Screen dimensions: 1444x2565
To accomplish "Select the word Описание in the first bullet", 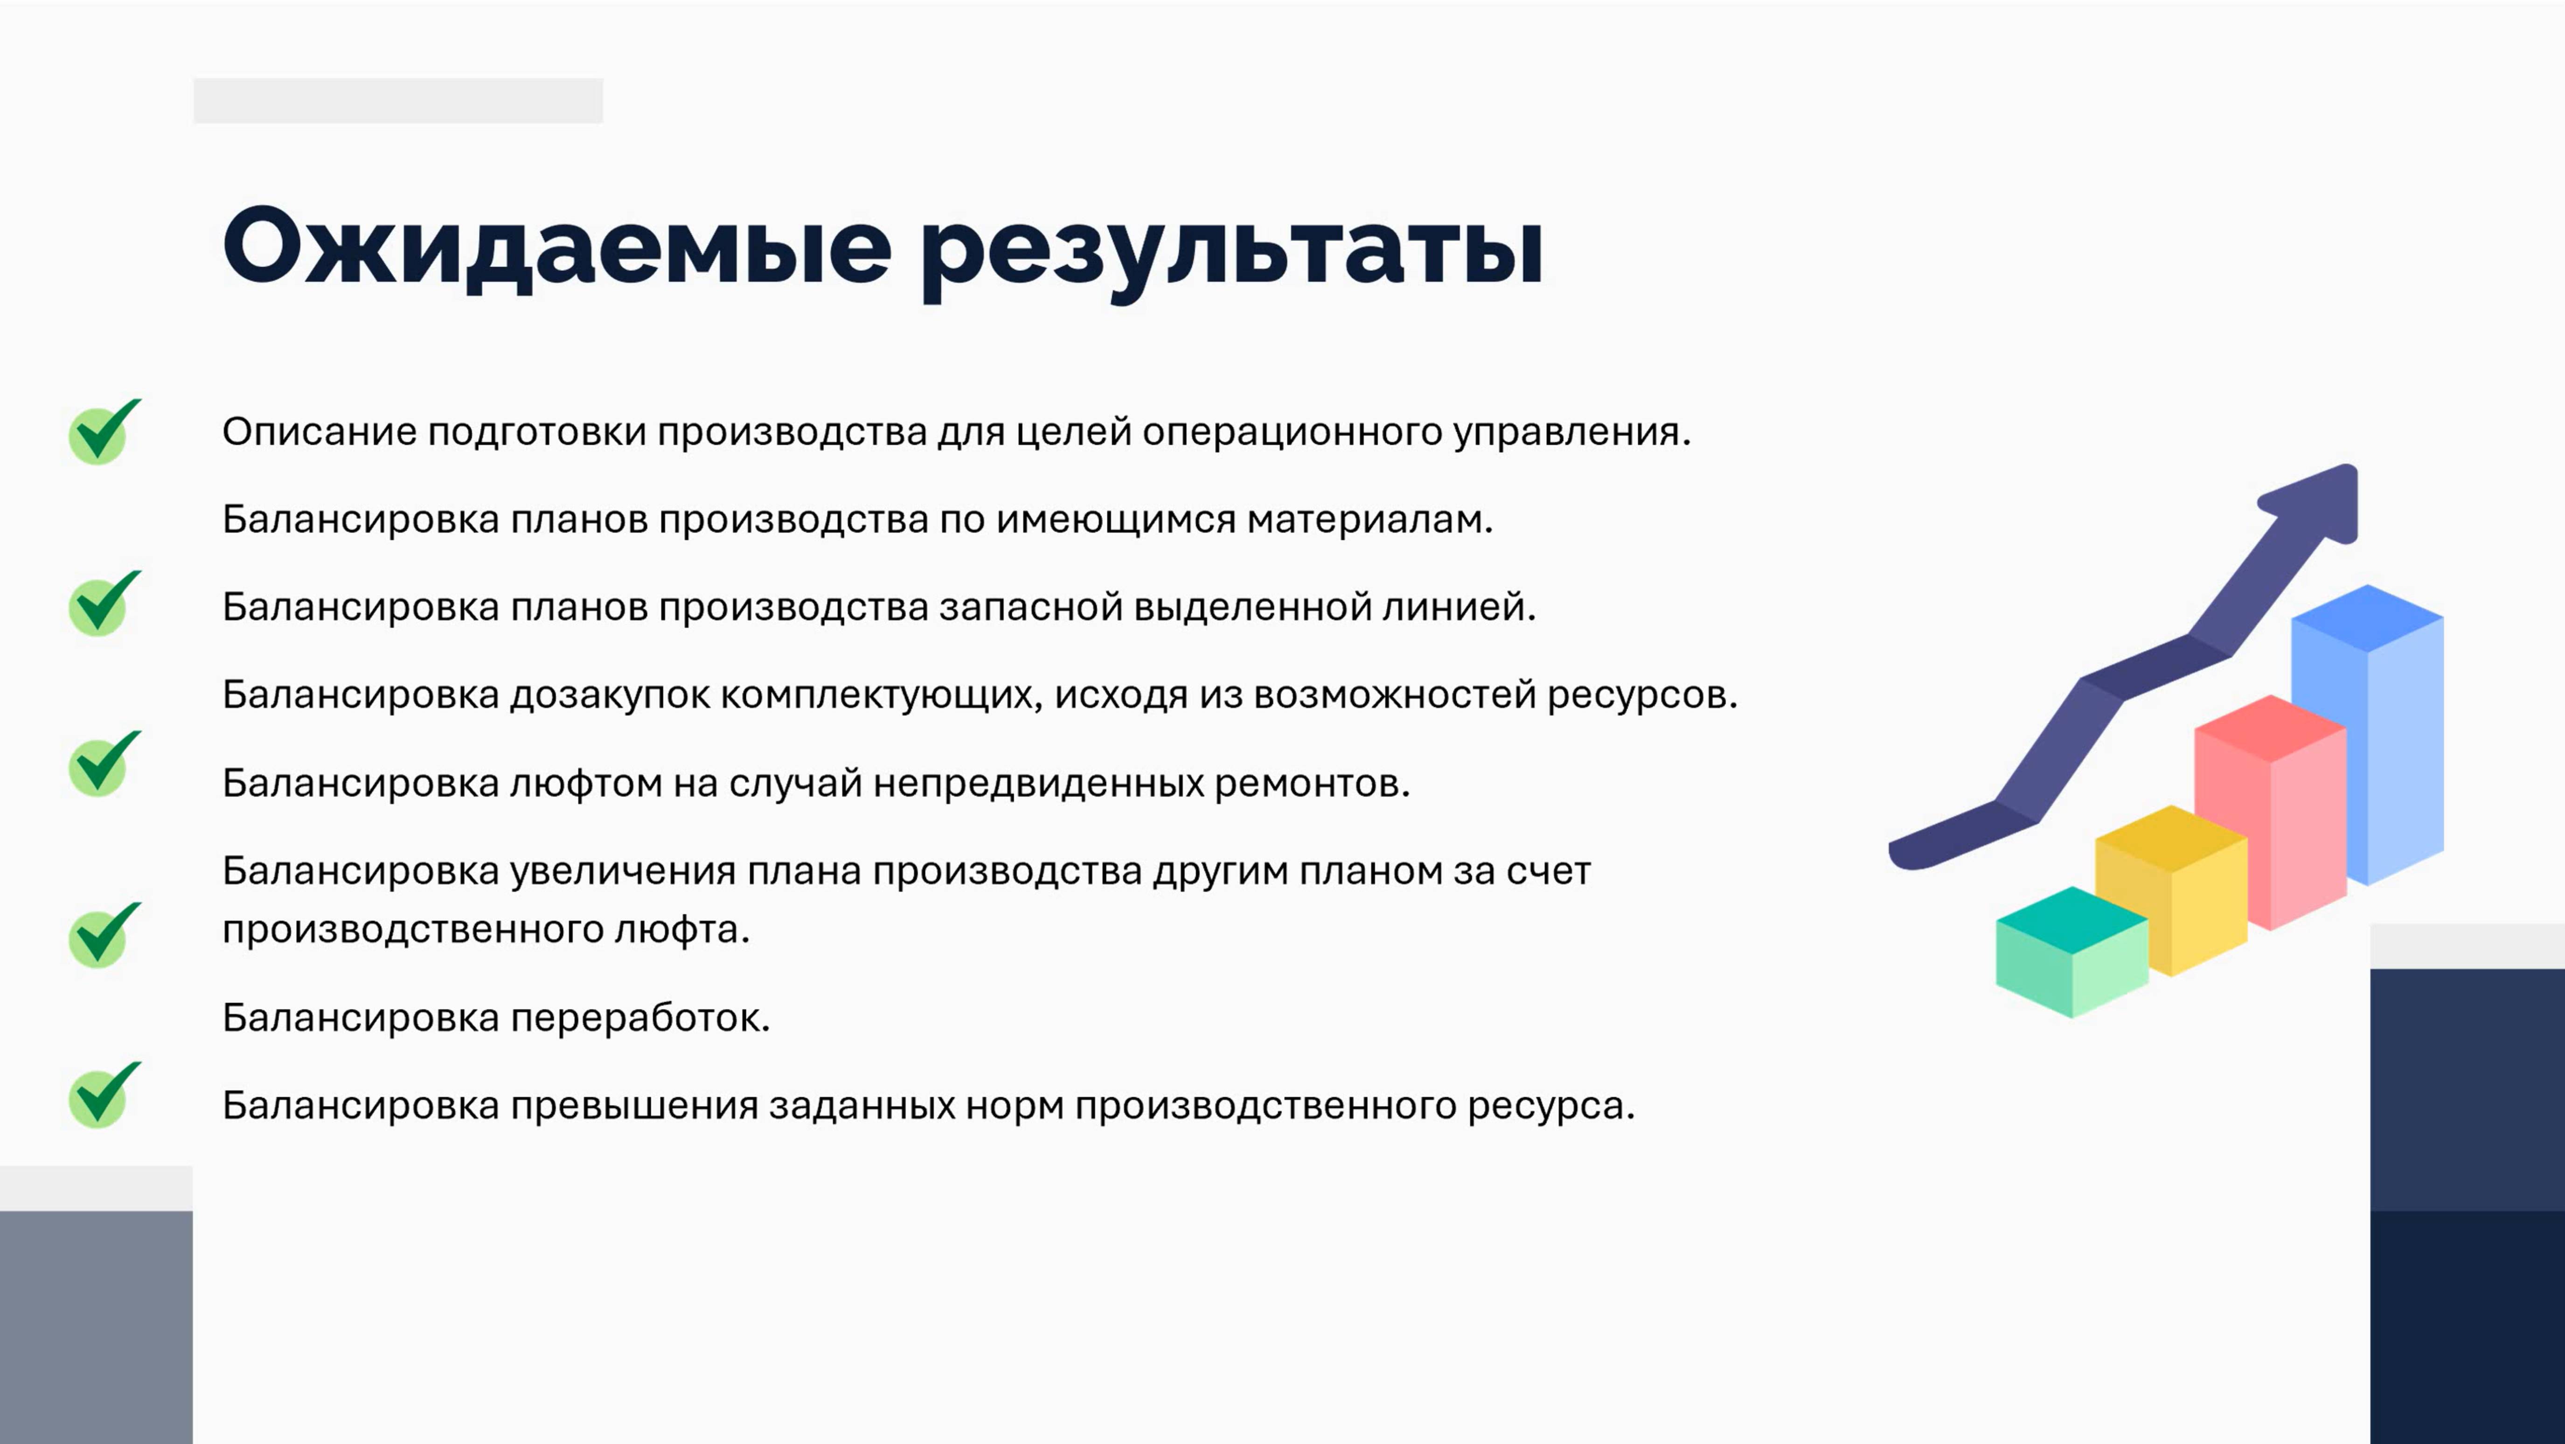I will pos(319,432).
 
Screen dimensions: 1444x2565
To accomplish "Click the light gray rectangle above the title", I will pos(398,101).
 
